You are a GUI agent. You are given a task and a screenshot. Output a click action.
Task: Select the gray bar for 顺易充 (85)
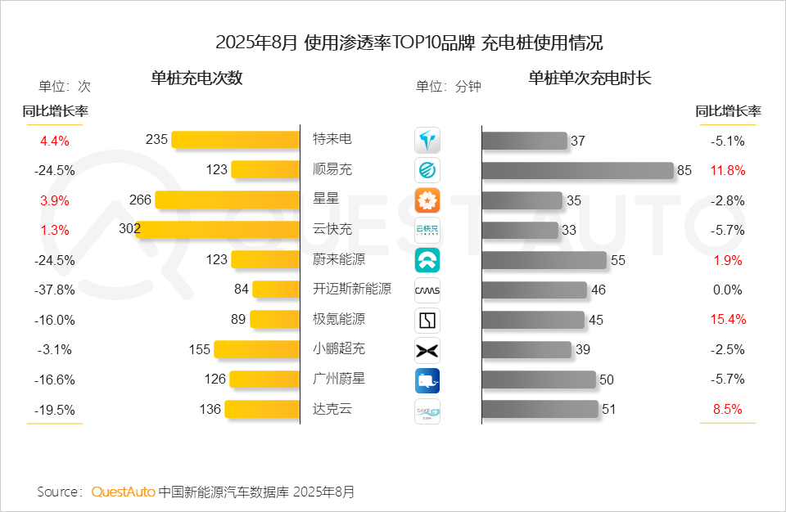(578, 170)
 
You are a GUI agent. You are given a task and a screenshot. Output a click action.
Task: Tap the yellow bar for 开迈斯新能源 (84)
(277, 289)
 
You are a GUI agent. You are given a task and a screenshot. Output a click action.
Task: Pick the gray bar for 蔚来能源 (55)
(544, 260)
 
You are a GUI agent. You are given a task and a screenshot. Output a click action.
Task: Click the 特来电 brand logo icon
(427, 141)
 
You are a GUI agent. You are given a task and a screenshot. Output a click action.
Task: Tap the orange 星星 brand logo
(427, 200)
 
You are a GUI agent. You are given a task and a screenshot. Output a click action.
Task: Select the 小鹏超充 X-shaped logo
(427, 350)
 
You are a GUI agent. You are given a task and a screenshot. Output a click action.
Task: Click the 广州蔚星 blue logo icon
(427, 380)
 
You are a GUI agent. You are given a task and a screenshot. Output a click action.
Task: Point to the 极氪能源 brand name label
(339, 319)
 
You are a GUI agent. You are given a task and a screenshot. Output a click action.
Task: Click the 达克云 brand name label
(332, 408)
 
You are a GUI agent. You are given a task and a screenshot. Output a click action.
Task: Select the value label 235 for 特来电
(156, 140)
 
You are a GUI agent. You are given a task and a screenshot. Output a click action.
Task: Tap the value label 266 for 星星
(140, 200)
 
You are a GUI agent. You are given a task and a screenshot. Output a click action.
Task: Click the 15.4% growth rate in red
(727, 319)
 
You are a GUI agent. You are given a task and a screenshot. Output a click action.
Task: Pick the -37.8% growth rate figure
(55, 290)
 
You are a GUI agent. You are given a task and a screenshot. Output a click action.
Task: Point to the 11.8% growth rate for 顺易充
(727, 170)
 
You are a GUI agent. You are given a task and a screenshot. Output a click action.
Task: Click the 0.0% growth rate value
(727, 290)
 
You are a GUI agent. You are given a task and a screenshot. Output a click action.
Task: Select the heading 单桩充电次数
(196, 79)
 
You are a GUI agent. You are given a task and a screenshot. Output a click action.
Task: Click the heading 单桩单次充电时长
(589, 79)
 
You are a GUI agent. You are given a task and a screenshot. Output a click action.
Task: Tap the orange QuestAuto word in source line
(123, 492)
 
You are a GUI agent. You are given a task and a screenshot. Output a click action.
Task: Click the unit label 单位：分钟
(449, 86)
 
